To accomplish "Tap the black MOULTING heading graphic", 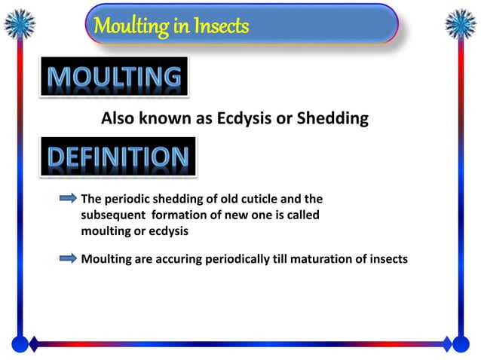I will pos(115,77).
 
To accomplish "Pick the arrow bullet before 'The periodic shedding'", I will pos(68,199).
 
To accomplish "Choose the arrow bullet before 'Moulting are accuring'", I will pos(68,258).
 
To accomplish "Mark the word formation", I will pos(190,215).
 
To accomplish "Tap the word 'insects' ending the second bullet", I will pos(385,259).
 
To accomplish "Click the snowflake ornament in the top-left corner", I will pos(20,24).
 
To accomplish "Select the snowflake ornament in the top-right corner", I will pos(461,24).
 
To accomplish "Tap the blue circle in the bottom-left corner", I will pos(20,344).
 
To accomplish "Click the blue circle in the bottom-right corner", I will pos(461,344).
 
